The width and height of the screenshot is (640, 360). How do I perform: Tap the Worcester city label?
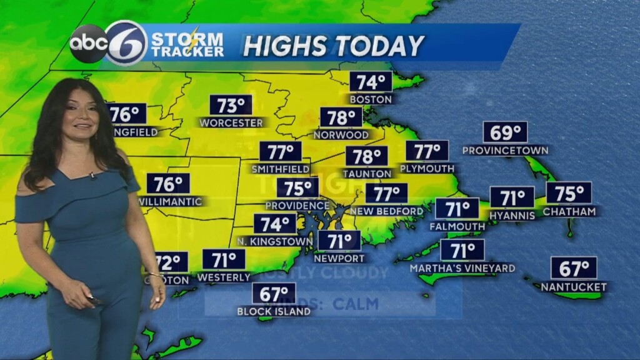[x=231, y=123]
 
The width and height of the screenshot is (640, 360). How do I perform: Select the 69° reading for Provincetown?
[x=505, y=132]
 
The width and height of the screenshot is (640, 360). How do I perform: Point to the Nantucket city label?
[x=574, y=287]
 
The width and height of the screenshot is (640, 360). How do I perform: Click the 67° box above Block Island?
[x=274, y=293]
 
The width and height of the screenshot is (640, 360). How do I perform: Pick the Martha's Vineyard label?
[x=462, y=268]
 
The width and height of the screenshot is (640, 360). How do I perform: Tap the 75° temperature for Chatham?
[x=569, y=192]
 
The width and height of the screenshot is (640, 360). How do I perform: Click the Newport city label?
[x=339, y=258]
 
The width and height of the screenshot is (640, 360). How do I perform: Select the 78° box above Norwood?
[x=341, y=117]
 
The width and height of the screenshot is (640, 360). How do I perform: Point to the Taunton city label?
[x=367, y=173]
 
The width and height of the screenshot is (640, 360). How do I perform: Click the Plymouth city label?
[x=427, y=169]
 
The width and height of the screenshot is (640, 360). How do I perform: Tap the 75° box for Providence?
[x=297, y=187]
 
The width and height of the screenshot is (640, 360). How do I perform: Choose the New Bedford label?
[x=387, y=211]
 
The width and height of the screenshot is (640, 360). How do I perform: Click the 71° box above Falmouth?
[x=457, y=208]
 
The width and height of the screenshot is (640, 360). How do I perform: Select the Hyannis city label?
[x=512, y=215]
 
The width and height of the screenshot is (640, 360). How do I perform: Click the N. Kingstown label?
[x=275, y=241]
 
